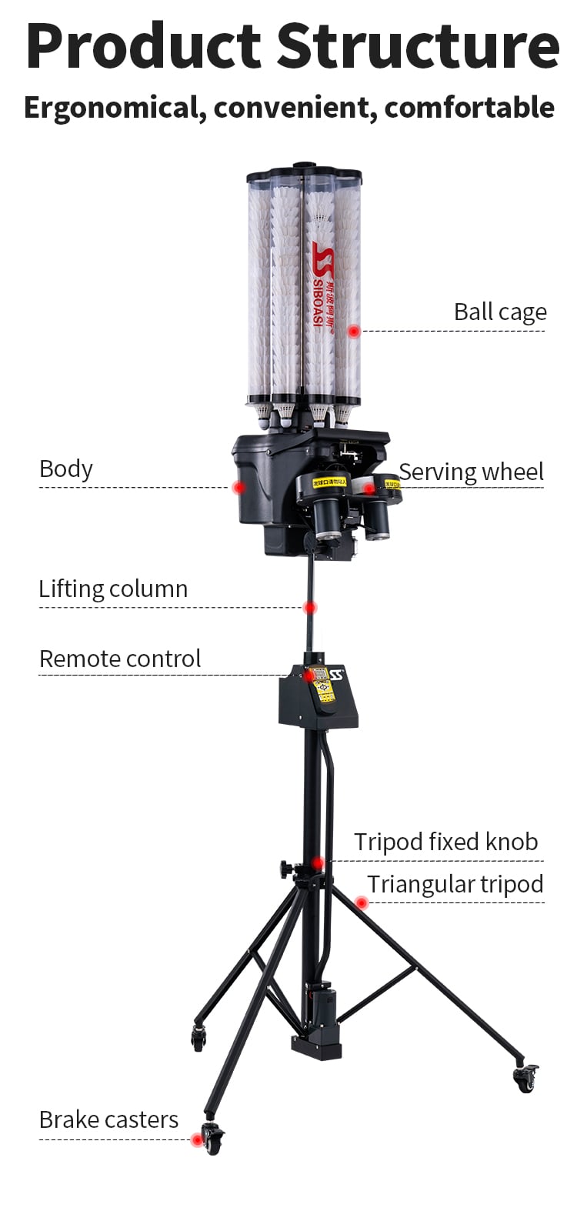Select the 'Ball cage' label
[500, 312]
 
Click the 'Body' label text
[66, 469]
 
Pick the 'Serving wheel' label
[471, 472]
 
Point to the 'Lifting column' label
[113, 589]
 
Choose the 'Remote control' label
[120, 659]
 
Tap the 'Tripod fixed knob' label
[445, 842]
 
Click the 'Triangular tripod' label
[455, 885]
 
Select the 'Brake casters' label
[108, 1120]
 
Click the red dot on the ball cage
[354, 331]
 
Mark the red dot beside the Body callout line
[239, 487]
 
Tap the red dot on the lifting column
[310, 608]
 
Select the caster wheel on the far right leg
[525, 1079]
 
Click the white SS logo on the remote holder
[337, 676]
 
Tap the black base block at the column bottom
[316, 1046]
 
